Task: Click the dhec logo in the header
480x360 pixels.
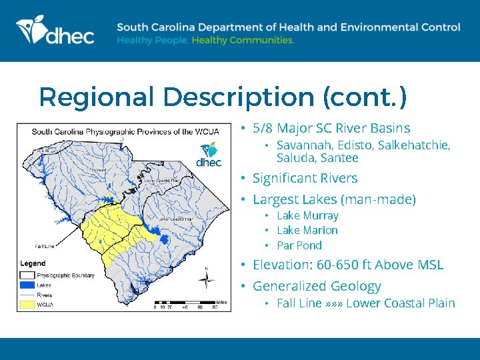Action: (55, 31)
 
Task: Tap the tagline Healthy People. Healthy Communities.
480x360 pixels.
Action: (205, 41)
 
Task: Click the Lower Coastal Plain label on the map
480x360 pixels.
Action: (175, 218)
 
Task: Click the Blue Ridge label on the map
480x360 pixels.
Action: (45, 151)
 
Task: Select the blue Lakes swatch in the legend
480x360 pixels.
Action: (27, 285)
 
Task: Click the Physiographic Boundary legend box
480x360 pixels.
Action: (27, 275)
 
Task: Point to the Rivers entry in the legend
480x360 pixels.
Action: (45, 294)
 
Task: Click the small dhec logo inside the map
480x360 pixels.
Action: (209, 155)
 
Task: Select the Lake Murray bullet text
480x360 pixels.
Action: (307, 215)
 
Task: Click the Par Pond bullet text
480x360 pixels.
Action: (299, 245)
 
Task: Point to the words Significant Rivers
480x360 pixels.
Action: (305, 178)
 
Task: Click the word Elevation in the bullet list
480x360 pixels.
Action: (277, 265)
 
